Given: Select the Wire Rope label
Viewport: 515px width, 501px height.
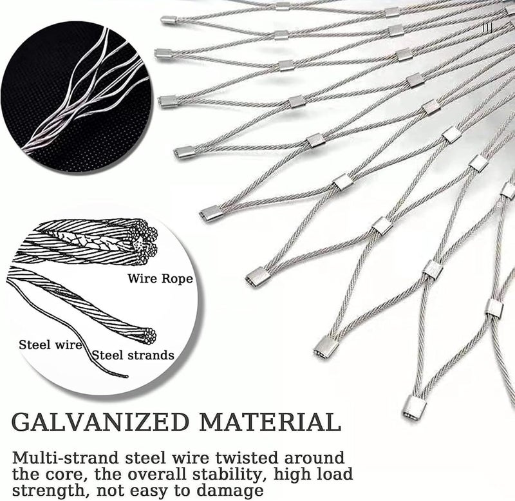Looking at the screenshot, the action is pos(160,279).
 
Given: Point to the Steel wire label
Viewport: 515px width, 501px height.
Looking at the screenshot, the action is pos(50,345).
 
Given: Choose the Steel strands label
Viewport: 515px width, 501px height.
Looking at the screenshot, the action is pos(133,355).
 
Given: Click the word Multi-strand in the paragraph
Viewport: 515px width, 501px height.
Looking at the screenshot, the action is pos(65,458).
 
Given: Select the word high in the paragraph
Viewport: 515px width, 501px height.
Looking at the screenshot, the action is pos(292,475).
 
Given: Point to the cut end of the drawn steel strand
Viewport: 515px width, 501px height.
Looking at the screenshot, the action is pos(149,336).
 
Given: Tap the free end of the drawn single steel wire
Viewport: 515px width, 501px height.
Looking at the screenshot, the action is pos(126,376).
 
